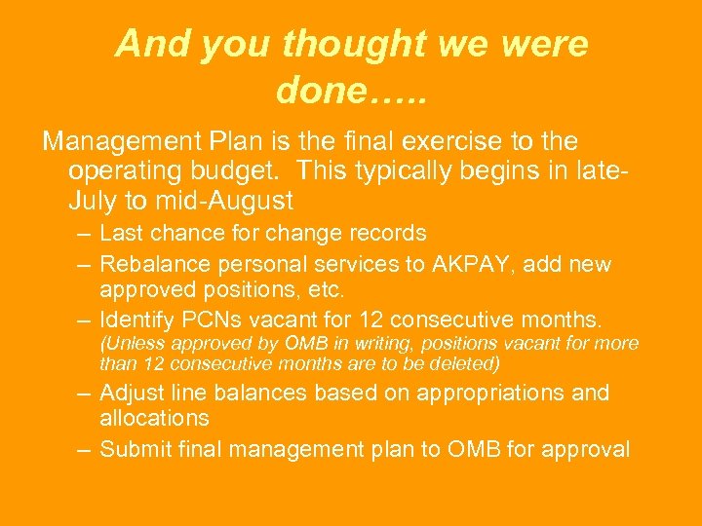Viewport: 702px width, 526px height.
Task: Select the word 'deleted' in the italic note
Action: point(463,364)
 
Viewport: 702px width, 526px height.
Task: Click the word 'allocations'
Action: point(154,418)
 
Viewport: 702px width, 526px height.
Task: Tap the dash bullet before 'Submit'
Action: point(84,449)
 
